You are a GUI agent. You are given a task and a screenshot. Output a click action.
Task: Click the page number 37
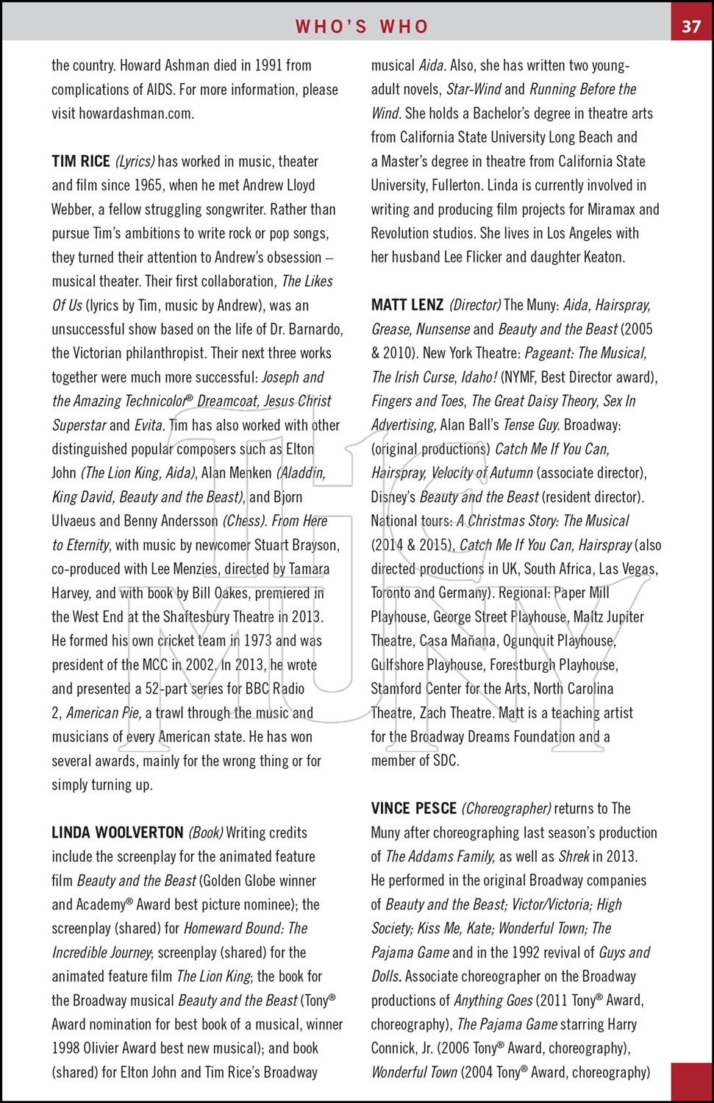click(691, 26)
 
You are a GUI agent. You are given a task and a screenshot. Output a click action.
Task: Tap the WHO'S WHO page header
click(362, 26)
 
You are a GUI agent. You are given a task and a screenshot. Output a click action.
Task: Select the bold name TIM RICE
click(81, 161)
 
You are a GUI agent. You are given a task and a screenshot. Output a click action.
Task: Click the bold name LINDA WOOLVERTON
click(118, 832)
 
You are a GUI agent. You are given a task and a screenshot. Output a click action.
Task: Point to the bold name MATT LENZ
click(407, 305)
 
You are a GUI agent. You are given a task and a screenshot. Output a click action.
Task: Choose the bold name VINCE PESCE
click(414, 808)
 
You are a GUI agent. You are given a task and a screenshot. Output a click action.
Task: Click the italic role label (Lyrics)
click(135, 161)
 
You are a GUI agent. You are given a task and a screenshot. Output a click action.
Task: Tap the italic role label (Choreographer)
click(507, 808)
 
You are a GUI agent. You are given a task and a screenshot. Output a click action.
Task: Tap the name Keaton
click(601, 257)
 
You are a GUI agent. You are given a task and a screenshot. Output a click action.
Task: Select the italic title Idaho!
click(479, 377)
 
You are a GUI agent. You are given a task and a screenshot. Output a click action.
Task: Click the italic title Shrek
click(574, 856)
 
